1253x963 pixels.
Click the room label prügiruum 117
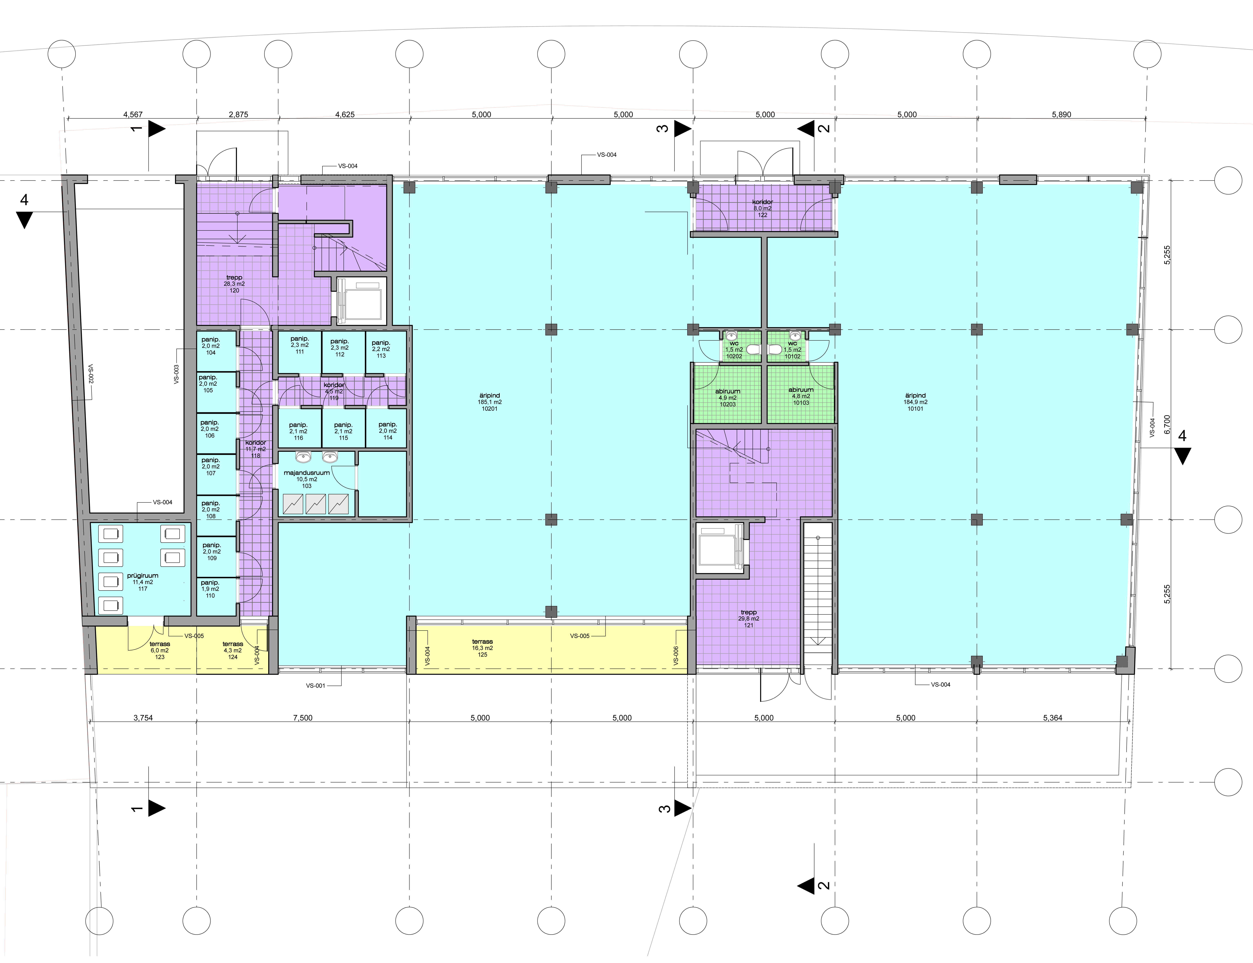coord(143,582)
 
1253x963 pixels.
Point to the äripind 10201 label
coord(490,402)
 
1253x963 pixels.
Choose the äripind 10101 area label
coord(915,402)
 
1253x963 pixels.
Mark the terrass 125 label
coord(483,648)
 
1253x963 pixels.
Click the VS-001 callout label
coord(315,685)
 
